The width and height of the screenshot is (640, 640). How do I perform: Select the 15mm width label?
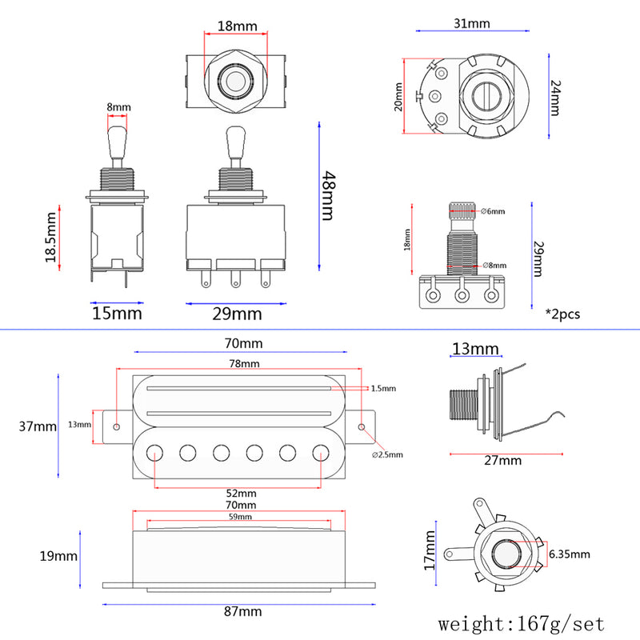click(x=118, y=313)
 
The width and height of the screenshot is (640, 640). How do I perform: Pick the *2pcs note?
click(x=562, y=314)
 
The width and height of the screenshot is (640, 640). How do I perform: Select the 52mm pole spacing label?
click(x=241, y=493)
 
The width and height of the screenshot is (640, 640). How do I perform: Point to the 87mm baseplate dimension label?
click(x=243, y=611)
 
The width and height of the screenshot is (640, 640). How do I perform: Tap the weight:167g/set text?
click(x=521, y=622)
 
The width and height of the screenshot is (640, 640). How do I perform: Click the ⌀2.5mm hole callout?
click(x=387, y=454)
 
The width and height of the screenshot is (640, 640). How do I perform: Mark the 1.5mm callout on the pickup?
click(x=383, y=388)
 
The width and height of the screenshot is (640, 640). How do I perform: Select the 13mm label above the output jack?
click(x=474, y=349)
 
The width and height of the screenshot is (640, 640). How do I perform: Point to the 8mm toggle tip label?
click(x=118, y=107)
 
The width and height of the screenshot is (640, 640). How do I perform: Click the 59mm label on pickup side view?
click(x=241, y=518)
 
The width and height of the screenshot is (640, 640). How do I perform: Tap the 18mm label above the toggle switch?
click(x=238, y=26)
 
